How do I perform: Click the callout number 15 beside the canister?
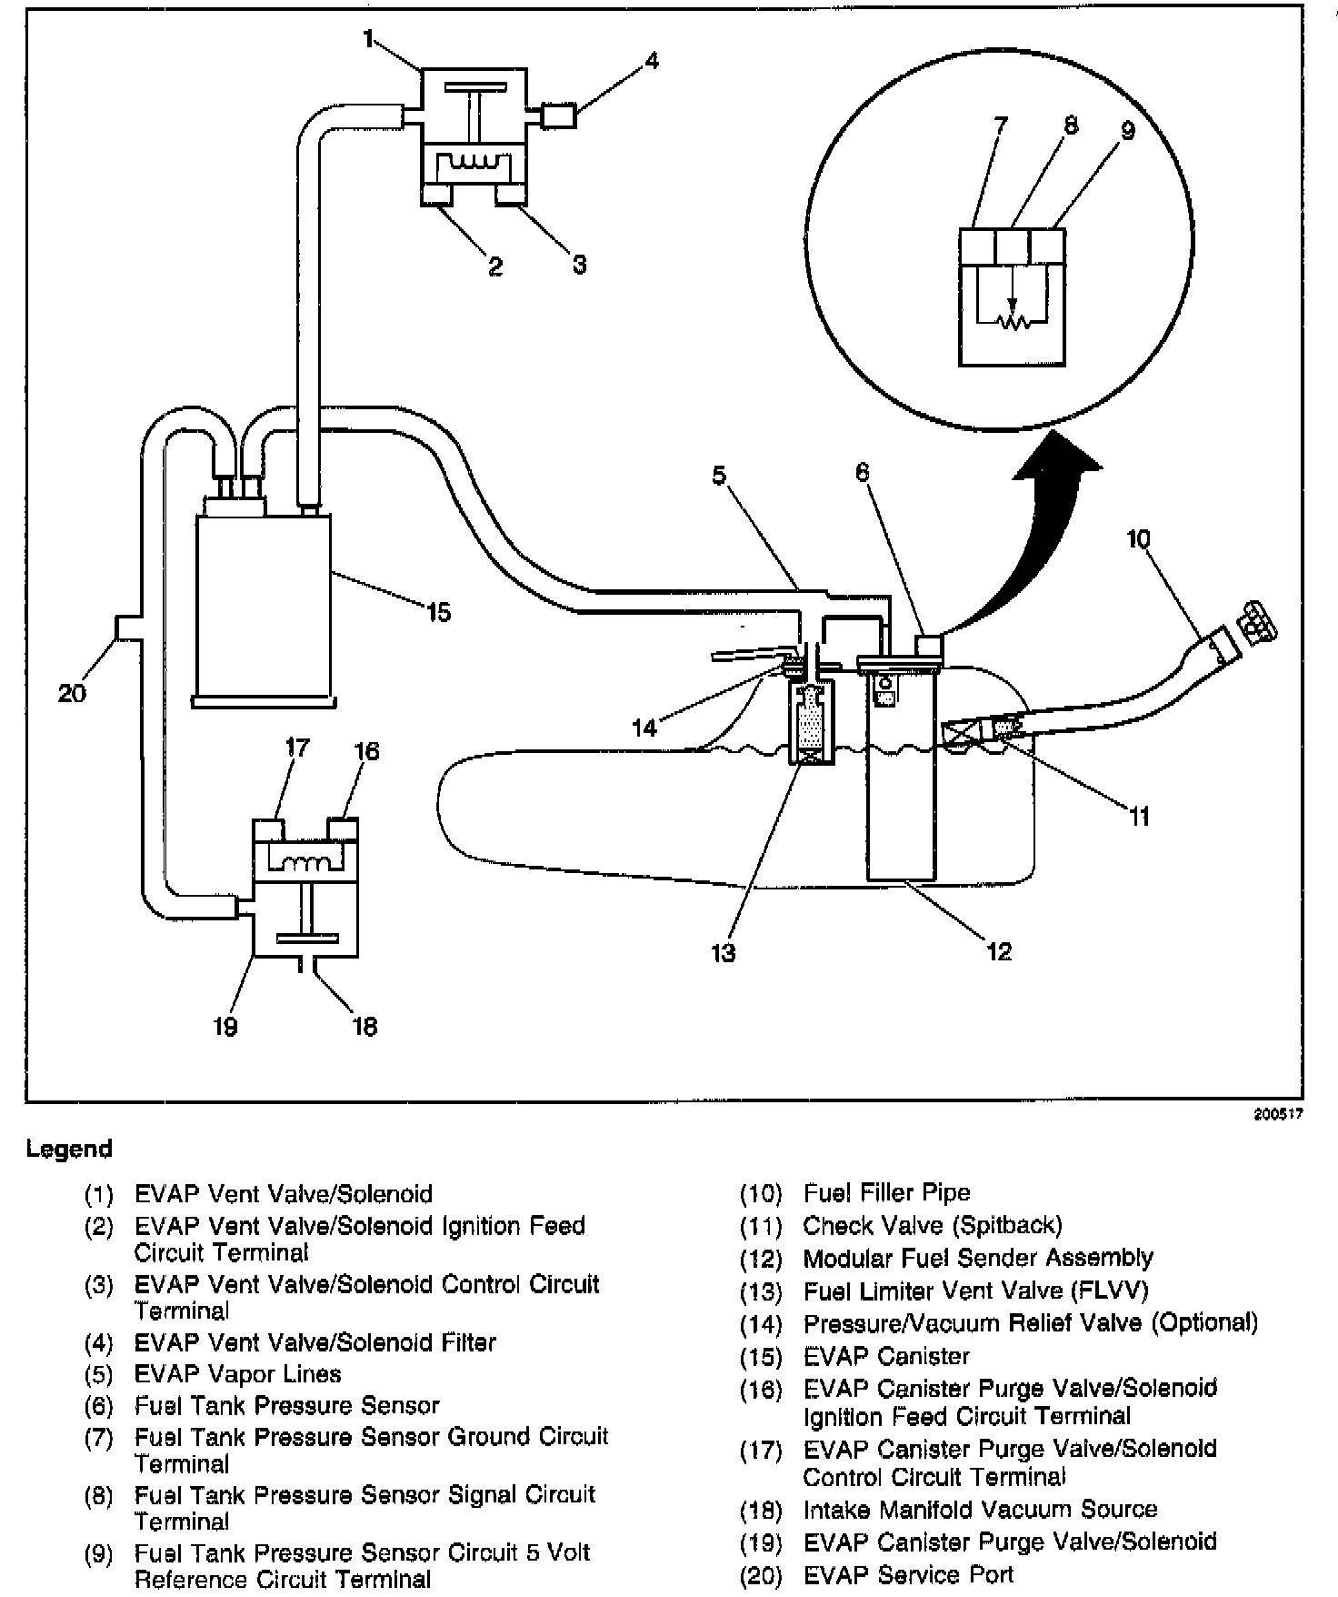tap(438, 612)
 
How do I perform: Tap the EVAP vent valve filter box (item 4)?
tap(559, 116)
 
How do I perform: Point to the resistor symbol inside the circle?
tap(1011, 321)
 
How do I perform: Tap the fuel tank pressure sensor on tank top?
tap(929, 646)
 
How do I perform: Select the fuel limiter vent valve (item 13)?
tap(813, 723)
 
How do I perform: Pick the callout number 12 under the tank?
tap(998, 951)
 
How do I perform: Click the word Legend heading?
tap(69, 1149)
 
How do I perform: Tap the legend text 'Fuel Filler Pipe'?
tap(887, 1192)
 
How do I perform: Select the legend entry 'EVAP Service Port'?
tap(908, 1573)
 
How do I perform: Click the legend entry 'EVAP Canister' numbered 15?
tap(886, 1356)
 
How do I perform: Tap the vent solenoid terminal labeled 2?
tap(437, 193)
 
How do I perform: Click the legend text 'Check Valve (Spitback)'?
tap(933, 1225)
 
